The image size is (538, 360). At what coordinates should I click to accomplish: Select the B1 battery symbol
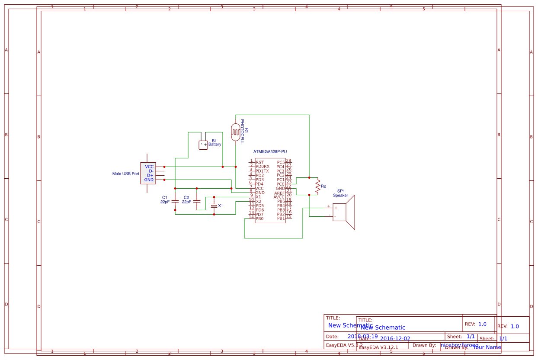point(203,145)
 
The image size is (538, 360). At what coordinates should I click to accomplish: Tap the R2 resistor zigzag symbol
point(318,186)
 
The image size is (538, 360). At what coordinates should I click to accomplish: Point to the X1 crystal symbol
point(214,206)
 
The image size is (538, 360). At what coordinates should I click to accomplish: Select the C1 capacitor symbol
point(175,202)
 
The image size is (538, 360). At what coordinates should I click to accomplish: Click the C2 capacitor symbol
point(197,202)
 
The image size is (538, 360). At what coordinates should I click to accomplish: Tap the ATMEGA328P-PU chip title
point(270,151)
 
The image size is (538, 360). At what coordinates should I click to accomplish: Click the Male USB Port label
point(126,174)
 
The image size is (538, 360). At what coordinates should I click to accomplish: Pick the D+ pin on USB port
point(150,175)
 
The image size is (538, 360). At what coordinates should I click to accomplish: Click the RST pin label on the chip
point(259,162)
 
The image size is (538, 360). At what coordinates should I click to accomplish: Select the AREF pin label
point(279,193)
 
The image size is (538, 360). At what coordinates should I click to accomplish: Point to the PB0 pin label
point(259,219)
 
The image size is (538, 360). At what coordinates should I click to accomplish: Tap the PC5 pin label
point(281,162)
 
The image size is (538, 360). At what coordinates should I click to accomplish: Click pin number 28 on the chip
point(288,161)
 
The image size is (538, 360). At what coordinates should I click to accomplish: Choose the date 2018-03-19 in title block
point(362,336)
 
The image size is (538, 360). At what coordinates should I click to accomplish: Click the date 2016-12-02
point(395,339)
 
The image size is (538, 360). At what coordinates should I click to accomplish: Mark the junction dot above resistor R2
point(309,177)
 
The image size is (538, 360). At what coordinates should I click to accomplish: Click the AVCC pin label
point(279,197)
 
